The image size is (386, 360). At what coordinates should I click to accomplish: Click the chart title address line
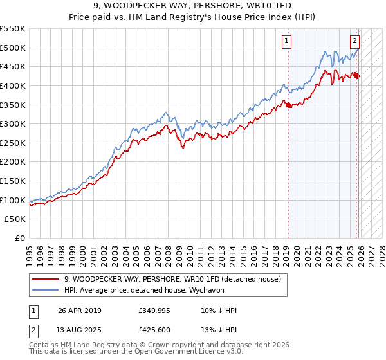(192, 6)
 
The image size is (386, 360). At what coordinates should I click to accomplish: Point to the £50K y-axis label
(15, 219)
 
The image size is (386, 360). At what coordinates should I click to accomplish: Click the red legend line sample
(46, 280)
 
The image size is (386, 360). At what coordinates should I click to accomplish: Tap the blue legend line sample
(46, 290)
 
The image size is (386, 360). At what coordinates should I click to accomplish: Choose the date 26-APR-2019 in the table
(79, 310)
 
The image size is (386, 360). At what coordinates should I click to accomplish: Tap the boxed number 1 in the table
(33, 310)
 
